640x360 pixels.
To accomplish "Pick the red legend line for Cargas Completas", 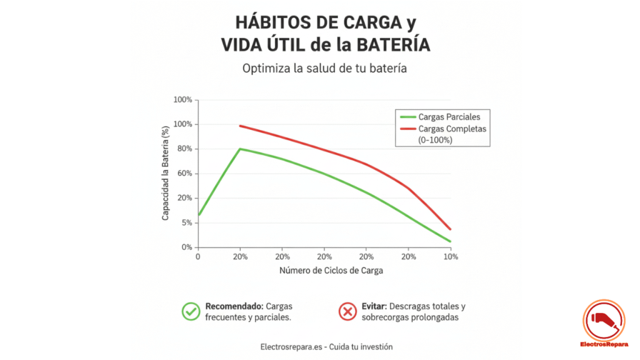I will coord(407,129).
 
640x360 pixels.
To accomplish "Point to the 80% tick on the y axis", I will coord(185,149).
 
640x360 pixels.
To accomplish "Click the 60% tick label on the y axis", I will coord(185,174).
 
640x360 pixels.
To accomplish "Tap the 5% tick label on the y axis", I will coord(187,223).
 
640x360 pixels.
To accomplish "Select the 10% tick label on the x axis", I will coord(450,257).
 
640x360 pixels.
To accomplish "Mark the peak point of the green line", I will coord(240,149).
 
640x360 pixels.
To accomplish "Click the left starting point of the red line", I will coord(241,126).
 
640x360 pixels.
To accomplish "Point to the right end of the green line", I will coord(450,241).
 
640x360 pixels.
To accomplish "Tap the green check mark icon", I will coord(190,311).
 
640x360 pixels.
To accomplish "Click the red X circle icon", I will coord(347,311).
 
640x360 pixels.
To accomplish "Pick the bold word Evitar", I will coord(373,306).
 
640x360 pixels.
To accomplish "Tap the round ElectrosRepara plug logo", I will coord(603,321).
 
